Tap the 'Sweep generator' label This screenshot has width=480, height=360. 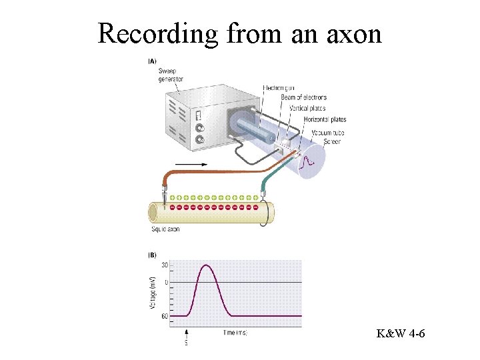click(x=171, y=75)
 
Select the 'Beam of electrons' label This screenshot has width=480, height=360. click(x=303, y=98)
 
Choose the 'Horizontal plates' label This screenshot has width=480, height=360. click(x=325, y=119)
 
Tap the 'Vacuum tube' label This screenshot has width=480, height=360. click(x=326, y=133)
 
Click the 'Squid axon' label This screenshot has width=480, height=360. click(x=165, y=229)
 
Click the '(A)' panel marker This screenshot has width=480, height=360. click(x=152, y=61)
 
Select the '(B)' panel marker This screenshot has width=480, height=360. click(x=152, y=255)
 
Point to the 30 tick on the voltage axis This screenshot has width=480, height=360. click(x=165, y=265)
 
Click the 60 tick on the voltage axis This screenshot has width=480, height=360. click(x=165, y=316)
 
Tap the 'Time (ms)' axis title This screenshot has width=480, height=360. click(x=235, y=332)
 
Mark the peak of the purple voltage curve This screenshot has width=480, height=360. click(x=207, y=265)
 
